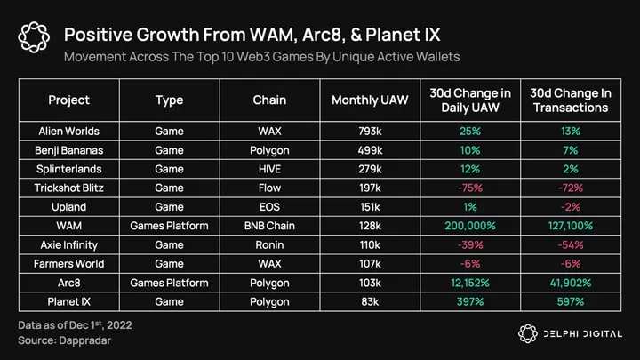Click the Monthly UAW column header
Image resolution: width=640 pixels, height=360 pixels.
click(x=370, y=100)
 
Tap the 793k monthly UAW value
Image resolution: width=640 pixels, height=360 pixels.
click(x=370, y=131)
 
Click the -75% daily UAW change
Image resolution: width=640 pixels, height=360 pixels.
click(x=469, y=188)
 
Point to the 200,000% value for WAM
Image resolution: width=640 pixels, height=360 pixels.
click(x=469, y=226)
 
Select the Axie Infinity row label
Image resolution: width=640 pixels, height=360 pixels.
click(x=68, y=244)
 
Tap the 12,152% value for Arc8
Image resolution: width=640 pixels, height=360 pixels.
click(x=469, y=283)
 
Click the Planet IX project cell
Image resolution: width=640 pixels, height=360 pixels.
click(x=68, y=301)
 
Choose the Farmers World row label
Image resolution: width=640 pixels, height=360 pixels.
click(x=68, y=263)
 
